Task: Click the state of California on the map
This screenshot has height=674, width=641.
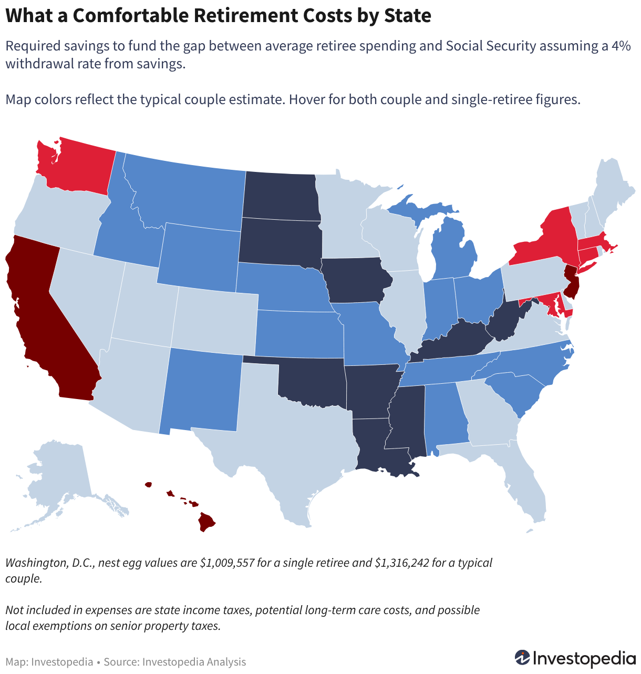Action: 41,315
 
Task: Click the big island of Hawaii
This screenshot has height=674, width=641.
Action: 206,522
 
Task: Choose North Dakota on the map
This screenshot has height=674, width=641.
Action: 281,196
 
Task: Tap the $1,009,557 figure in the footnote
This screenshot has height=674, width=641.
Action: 227,563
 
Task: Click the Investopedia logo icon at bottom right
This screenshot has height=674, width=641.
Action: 522,658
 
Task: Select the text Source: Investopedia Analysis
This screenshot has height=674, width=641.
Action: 175,662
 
